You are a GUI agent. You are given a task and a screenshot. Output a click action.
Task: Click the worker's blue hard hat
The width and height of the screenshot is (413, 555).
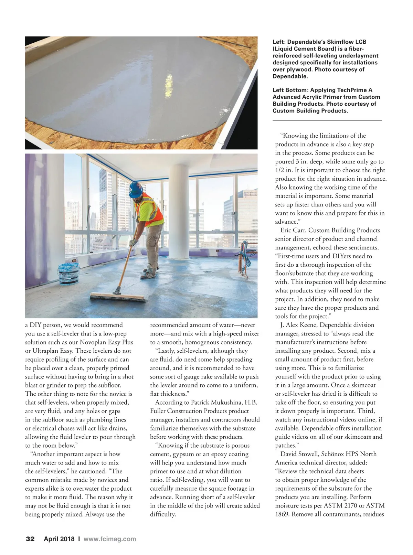(136, 189)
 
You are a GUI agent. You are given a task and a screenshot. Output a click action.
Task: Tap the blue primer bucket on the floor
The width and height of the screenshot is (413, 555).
(69, 274)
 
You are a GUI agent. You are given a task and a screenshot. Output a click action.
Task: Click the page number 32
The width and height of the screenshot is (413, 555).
(30, 539)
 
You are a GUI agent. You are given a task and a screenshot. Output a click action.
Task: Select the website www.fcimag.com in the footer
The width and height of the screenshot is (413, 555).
(110, 539)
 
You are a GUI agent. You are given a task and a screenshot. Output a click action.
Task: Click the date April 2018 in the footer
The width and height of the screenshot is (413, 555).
(59, 539)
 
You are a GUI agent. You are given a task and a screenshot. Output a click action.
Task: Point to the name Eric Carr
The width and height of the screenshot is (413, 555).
(293, 230)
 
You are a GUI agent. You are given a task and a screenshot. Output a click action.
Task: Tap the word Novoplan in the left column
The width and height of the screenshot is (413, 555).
(93, 342)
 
